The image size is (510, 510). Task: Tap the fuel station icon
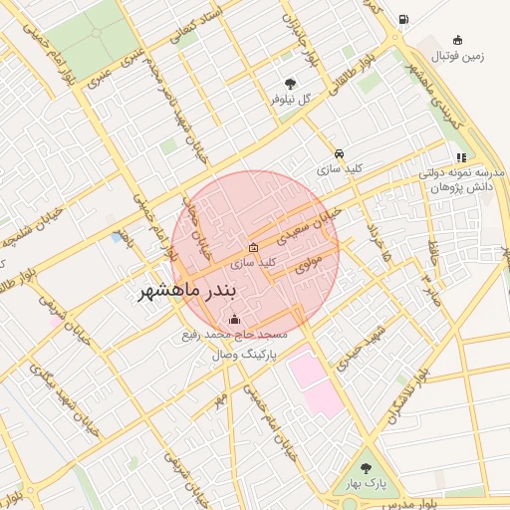pyautogui.click(x=402, y=19)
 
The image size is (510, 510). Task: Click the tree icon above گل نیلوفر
pyautogui.click(x=290, y=85)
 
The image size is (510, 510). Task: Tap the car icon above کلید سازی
pyautogui.click(x=340, y=154)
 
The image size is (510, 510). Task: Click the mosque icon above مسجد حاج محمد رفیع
pyautogui.click(x=234, y=319)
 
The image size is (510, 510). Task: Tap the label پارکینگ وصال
pyautogui.click(x=243, y=354)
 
